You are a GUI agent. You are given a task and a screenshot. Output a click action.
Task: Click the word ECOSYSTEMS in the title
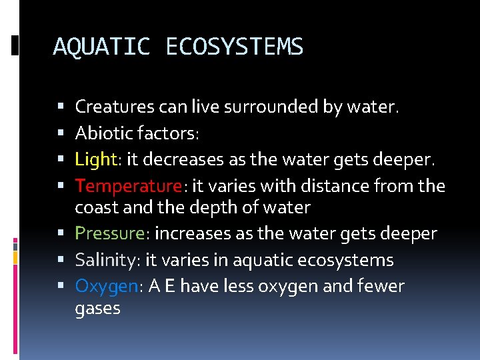tap(234, 47)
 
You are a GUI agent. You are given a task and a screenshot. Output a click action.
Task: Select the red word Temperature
tap(128, 186)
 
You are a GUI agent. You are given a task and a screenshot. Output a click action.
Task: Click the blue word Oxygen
tap(106, 287)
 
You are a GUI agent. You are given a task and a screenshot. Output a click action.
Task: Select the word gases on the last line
tap(97, 309)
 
